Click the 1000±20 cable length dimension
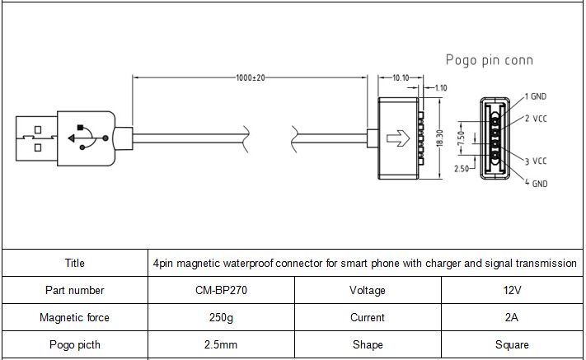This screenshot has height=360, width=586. coord(251,77)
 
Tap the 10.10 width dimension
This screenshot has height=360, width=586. coord(401,77)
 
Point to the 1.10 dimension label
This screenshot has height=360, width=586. coord(441,88)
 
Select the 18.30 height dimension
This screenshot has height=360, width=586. coord(440,138)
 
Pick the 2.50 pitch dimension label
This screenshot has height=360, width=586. coord(462,168)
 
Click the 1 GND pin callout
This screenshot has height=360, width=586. coord(536,96)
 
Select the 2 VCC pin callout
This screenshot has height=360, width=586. coord(536,119)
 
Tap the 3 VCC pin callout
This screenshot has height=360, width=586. coord(536,161)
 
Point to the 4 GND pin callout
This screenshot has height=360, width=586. coord(536,183)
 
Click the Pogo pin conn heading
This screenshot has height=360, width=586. coord(490,60)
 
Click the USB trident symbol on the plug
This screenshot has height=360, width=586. coord(88,138)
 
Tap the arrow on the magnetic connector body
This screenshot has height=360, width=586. coord(398,138)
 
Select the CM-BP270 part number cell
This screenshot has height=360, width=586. coord(221,290)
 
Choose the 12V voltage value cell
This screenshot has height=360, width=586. coord(512,290)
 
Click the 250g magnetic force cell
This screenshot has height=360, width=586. coord(221,317)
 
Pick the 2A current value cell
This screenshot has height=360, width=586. coord(512,317)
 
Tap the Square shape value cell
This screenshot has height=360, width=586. coord(512,344)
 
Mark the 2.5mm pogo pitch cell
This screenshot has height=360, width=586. coord(221,344)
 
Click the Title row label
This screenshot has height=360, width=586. coord(75,263)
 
